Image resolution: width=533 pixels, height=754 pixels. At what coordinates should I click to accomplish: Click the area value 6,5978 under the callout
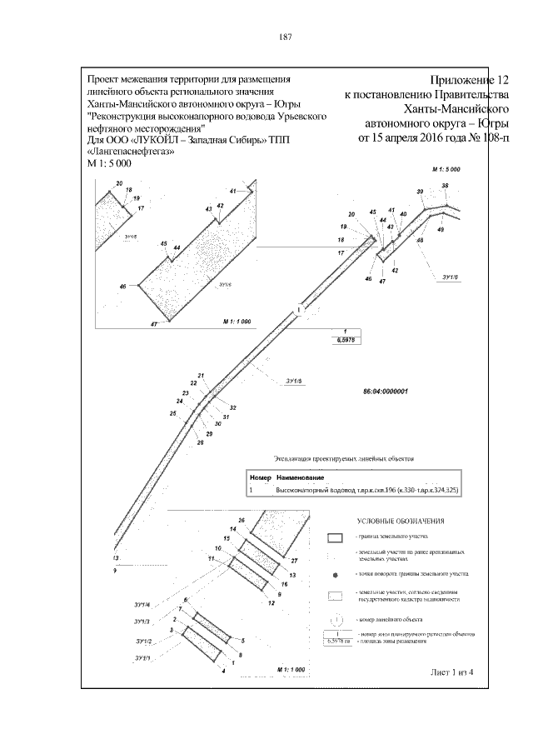pos(345,341)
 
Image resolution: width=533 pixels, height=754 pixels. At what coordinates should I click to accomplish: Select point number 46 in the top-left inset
pos(123,286)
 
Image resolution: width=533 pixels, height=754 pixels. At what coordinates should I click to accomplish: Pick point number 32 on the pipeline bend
pos(233,407)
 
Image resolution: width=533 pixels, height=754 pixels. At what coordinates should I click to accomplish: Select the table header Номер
pos(261,478)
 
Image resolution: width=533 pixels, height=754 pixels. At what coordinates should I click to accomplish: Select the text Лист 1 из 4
pos(451,672)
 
